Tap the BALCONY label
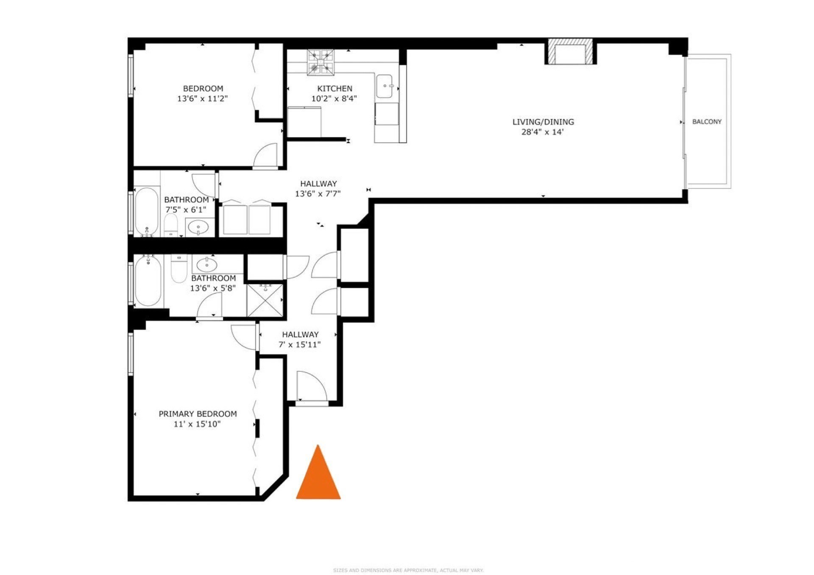point(707,122)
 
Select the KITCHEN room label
point(335,88)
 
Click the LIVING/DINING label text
point(543,122)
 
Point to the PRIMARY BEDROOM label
point(198,414)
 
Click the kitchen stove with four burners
point(321,62)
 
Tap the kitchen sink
point(385,86)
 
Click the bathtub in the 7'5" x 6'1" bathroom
point(147,212)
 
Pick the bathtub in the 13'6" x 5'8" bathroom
point(148,280)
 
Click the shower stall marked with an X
point(265,300)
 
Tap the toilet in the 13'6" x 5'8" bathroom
point(179,268)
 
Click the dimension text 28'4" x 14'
point(543,132)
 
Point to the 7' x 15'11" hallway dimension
point(300,345)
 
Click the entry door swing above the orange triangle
point(312,386)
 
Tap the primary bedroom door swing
point(244,337)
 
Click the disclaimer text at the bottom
point(408,571)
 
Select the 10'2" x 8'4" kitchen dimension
point(334,99)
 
